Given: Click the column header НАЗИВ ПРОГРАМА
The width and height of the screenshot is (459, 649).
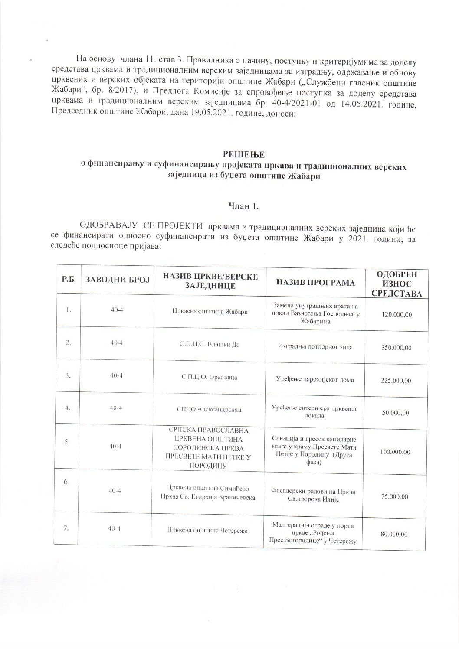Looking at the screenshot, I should [x=315, y=283].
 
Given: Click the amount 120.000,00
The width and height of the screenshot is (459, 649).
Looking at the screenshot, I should [x=397, y=314].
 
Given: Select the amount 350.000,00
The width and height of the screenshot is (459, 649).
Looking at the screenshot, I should [x=397, y=348].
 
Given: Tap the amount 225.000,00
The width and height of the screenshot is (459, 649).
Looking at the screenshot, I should [x=396, y=381].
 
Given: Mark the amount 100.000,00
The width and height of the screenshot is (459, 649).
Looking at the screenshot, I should [x=396, y=452].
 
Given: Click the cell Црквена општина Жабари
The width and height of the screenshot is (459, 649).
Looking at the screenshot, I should [x=210, y=312].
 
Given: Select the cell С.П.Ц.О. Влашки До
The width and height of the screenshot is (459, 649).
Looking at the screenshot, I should [x=210, y=345].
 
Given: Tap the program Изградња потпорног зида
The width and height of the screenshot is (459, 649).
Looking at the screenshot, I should [x=315, y=347].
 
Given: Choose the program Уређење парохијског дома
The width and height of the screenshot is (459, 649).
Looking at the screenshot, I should [x=315, y=380].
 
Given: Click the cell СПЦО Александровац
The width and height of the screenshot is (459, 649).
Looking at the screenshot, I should [x=210, y=409].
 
